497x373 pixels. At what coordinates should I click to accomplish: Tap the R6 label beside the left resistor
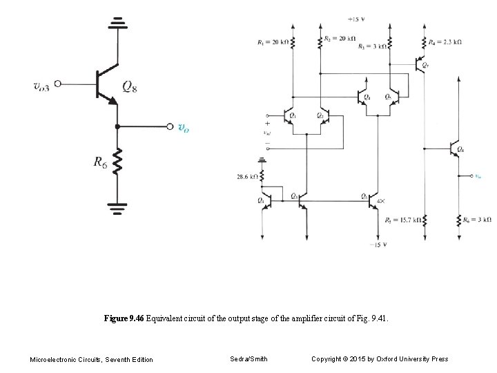pyautogui.click(x=100, y=163)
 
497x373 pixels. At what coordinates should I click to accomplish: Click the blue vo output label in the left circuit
pyautogui.click(x=183, y=127)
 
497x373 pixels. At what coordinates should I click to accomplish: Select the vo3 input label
pyautogui.click(x=41, y=86)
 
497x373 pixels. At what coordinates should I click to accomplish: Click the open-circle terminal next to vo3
pyautogui.click(x=58, y=84)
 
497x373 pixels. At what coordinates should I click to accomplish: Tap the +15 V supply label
pyautogui.click(x=356, y=19)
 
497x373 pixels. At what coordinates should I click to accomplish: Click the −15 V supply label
pyautogui.click(x=377, y=245)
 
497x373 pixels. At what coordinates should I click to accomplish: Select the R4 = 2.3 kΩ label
pyautogui.click(x=445, y=42)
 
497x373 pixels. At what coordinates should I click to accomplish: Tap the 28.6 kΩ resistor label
pyautogui.click(x=247, y=177)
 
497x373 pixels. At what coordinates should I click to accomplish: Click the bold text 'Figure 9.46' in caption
pyautogui.click(x=124, y=318)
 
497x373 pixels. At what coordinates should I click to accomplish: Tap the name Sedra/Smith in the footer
pyautogui.click(x=248, y=358)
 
